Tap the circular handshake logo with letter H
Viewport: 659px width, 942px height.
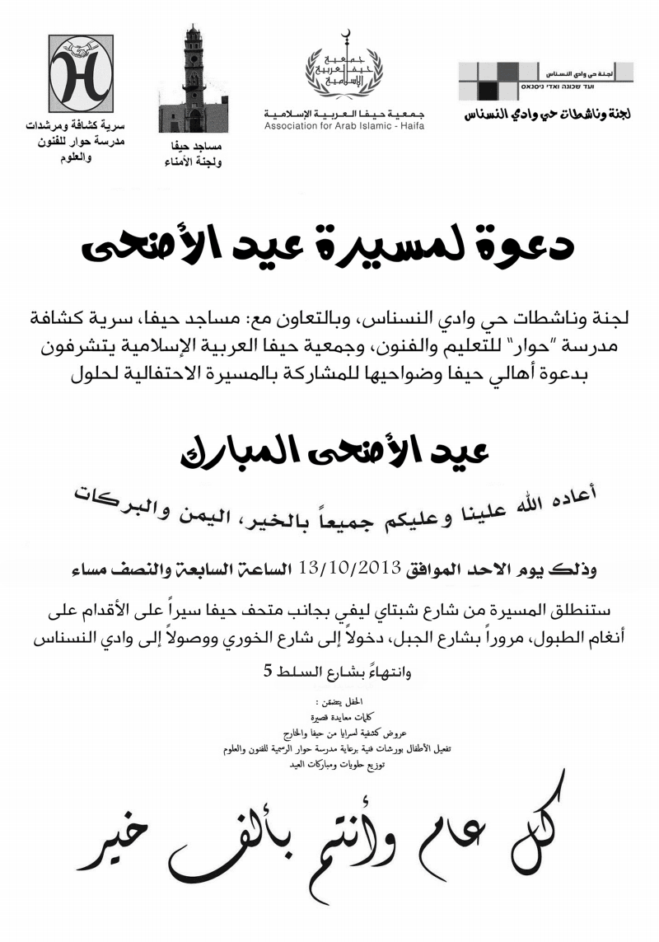coord(80,75)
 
